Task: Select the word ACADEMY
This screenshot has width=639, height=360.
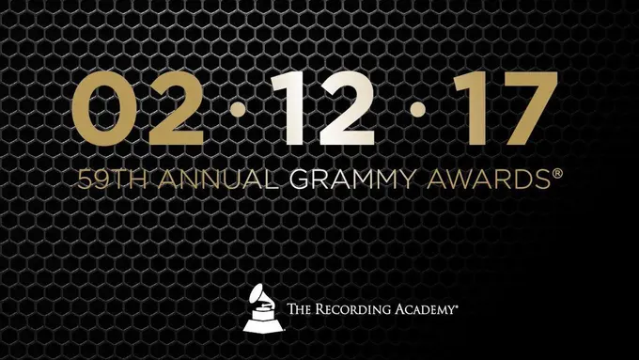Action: [428, 308]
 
